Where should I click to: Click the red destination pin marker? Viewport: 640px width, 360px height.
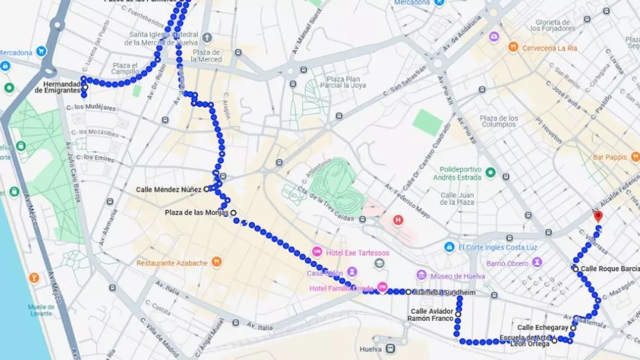598,216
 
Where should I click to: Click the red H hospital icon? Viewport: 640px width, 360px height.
398,220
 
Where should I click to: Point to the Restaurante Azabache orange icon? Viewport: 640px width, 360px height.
217,262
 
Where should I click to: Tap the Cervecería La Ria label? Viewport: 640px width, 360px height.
549,47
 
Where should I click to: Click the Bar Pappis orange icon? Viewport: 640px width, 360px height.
635,157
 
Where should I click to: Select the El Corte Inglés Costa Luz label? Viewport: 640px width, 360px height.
498,247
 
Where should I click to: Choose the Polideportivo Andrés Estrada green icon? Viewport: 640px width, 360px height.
491,172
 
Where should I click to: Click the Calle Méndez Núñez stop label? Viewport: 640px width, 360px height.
169,189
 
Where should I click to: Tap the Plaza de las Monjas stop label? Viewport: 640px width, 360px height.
196,212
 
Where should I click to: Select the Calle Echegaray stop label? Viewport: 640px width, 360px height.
543,327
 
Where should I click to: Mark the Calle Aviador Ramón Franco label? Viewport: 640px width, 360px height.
431,315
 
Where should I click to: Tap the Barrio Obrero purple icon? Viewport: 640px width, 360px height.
537,262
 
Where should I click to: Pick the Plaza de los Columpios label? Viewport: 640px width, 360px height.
499,121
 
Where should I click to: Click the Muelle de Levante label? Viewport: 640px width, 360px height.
41,310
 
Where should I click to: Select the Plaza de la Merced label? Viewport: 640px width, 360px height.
207,55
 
